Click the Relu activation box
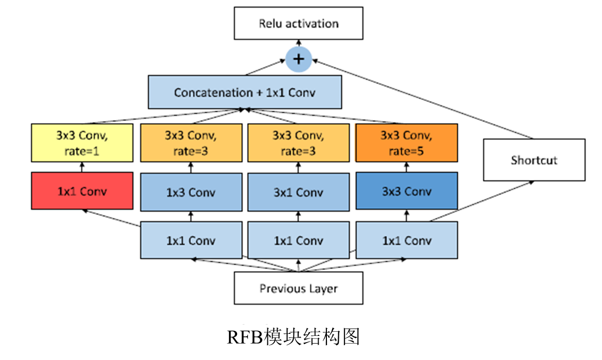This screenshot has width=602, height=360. point(298,23)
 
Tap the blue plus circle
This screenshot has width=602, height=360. point(298,59)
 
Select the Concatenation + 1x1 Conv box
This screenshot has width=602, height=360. point(245,92)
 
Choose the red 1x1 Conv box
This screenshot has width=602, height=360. point(82,191)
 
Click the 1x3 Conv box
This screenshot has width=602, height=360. point(191,192)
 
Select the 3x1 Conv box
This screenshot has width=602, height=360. point(298,192)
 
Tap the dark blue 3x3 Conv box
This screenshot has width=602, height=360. point(406,192)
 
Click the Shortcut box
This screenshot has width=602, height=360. point(534,160)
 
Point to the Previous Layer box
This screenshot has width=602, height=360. point(298,288)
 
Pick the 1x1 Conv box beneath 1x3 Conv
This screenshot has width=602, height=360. point(191,240)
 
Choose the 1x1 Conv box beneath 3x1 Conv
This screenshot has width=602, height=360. point(298,240)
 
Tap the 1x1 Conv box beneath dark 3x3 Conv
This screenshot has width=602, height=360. point(406,240)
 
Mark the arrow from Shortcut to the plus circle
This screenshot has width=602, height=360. point(421,97)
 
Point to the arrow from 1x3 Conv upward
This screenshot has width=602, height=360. point(191,167)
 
